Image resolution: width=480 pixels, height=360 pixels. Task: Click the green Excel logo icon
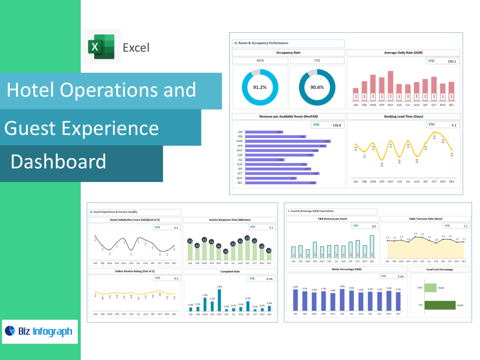pos(102,46)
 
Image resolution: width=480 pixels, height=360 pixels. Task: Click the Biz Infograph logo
pos(39,331)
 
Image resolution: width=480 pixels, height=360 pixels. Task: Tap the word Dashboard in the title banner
pos(58,161)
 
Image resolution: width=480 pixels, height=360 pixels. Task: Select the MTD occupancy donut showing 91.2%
pos(260,87)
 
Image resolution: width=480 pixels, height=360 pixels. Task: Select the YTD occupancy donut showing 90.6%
pos(317,87)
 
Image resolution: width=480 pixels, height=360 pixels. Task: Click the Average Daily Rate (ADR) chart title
pos(403,52)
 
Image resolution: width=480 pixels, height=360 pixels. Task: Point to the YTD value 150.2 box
pos(442,61)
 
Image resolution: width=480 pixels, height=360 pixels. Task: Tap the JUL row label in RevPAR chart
pos(240,160)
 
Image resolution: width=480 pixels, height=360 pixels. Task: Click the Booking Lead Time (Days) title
pos(403,116)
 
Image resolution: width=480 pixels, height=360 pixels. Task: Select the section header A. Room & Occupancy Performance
pos(288,43)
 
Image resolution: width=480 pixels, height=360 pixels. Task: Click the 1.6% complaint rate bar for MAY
pos(219,300)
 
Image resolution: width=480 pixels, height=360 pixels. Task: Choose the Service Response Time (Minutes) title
pos(229,219)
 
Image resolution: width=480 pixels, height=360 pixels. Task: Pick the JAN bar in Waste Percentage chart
pos(295,300)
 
